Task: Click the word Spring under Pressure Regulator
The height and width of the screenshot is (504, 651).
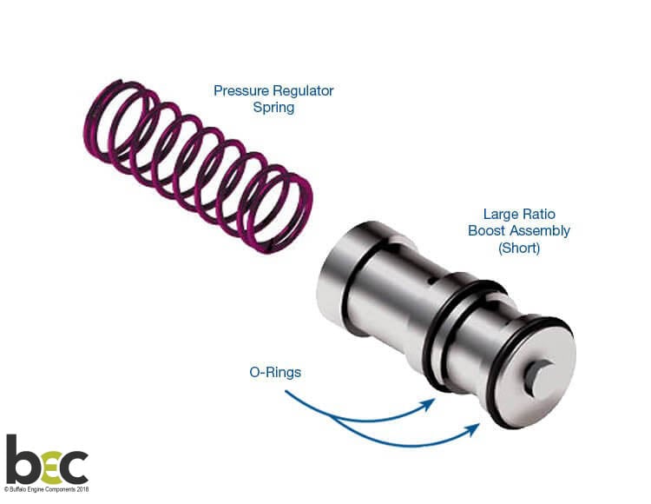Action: click(273, 108)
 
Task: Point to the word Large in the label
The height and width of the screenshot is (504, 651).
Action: click(501, 215)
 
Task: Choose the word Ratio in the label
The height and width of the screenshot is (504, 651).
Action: click(539, 214)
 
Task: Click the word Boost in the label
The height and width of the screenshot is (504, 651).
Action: click(487, 230)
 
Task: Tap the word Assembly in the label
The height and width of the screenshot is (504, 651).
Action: click(540, 231)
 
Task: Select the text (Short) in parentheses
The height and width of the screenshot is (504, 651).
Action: click(519, 249)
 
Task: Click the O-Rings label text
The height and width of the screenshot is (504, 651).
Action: click(275, 372)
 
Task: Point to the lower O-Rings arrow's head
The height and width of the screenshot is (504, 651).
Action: click(473, 429)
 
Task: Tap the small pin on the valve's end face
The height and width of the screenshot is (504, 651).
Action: click(537, 375)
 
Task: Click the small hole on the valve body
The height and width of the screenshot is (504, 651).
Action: click(431, 282)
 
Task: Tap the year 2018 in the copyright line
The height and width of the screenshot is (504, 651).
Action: click(82, 489)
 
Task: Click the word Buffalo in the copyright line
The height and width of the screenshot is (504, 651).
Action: click(16, 489)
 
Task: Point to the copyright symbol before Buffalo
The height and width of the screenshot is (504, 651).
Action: click(6, 490)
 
